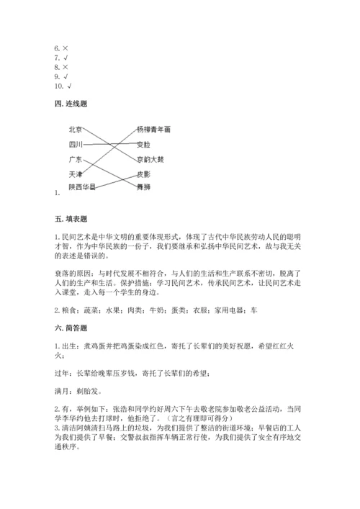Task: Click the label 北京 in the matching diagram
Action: [75, 130]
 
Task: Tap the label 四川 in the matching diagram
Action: [75, 144]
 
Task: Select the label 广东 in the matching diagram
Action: [75, 159]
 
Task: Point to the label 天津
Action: [75, 174]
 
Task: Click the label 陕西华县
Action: [81, 186]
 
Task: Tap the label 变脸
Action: [143, 144]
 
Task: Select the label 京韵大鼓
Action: [150, 159]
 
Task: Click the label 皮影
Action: [143, 174]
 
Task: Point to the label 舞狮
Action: [143, 186]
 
